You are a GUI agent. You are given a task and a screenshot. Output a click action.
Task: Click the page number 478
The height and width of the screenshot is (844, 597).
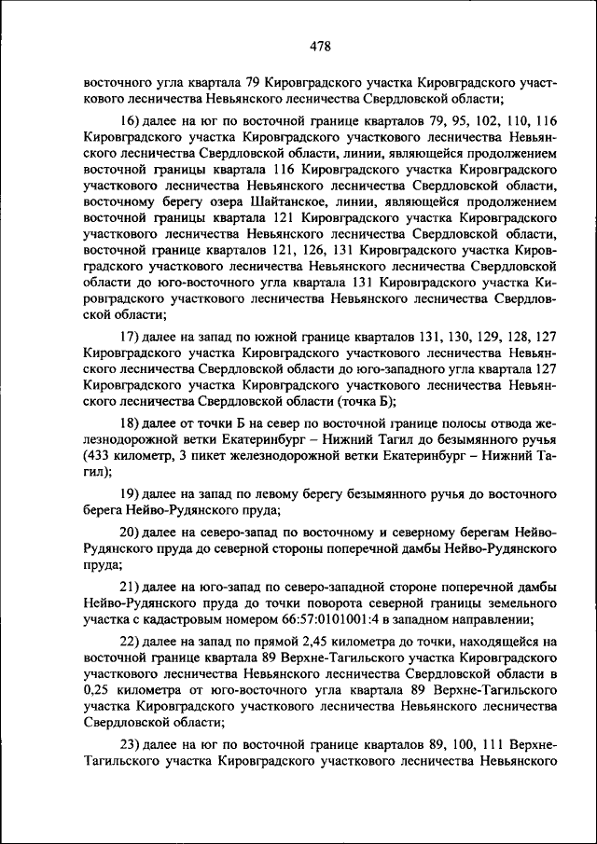(320, 46)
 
